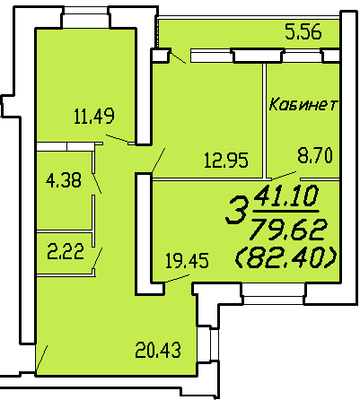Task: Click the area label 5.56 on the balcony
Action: [303, 32]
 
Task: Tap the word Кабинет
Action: [303, 105]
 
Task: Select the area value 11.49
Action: [94, 116]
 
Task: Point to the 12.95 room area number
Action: [226, 160]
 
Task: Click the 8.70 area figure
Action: [315, 156]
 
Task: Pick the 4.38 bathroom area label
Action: [64, 180]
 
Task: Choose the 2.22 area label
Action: [66, 252]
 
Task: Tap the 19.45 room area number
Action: [187, 260]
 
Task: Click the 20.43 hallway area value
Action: [158, 350]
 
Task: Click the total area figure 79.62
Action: [288, 230]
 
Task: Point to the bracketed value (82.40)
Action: [286, 258]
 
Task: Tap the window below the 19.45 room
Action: [274, 294]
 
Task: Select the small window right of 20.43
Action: [210, 343]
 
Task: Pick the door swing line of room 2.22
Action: [98, 258]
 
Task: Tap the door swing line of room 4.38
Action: [97, 183]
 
